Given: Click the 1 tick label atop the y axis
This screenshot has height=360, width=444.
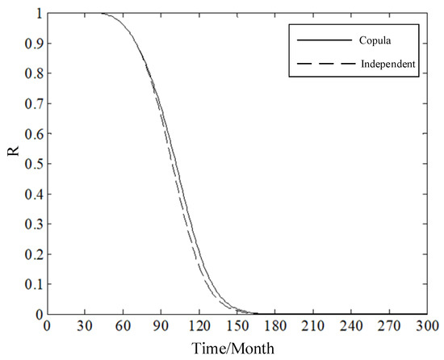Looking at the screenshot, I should [38, 14].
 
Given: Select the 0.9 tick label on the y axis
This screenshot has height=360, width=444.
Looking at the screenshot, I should [35, 44].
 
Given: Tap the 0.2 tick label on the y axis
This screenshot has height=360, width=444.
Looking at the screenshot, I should [35, 254].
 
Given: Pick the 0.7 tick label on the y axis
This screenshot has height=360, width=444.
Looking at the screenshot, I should [35, 104].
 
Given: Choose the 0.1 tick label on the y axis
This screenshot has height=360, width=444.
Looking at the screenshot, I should [35, 284].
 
